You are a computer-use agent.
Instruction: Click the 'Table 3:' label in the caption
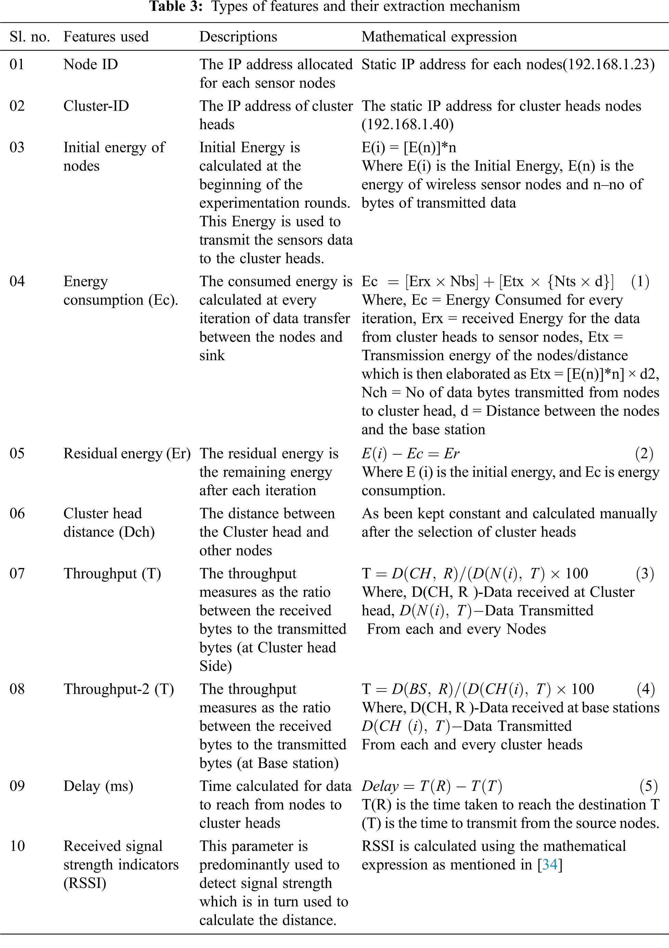[x=176, y=7]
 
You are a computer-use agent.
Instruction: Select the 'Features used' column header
[x=106, y=37]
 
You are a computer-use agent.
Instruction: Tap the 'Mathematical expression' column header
[x=439, y=37]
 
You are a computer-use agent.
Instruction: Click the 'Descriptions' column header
[x=238, y=37]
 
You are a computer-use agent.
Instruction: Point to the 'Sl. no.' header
[x=30, y=37]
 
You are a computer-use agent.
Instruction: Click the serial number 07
[x=17, y=573]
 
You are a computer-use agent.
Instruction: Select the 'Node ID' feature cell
[x=91, y=64]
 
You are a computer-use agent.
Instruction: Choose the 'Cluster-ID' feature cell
[x=96, y=106]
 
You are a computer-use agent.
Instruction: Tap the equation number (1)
[x=640, y=281]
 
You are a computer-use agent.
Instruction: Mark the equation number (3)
[x=645, y=573]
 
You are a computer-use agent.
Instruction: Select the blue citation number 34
[x=550, y=864]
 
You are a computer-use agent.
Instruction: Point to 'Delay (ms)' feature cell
[x=98, y=786]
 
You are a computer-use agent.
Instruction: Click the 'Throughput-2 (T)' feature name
[x=119, y=689]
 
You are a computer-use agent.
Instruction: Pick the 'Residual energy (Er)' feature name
[x=127, y=454]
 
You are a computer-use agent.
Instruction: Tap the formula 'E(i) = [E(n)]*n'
[x=409, y=148]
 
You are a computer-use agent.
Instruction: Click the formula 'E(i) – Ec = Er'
[x=410, y=454]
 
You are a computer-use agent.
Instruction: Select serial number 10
[x=17, y=846]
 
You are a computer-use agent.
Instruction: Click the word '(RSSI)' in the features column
[x=85, y=883]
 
